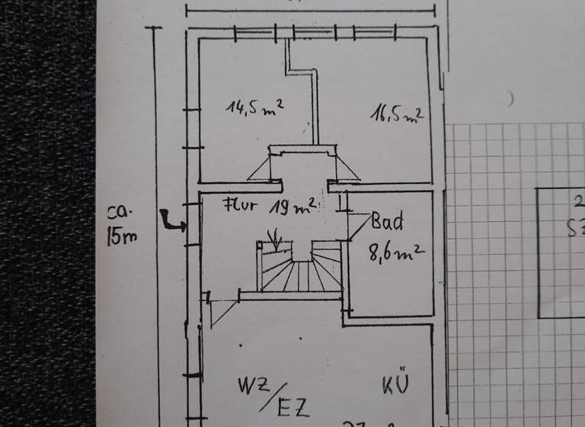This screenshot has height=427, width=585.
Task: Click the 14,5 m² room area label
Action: tap(254, 106)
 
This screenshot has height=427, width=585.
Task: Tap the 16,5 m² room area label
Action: tap(397, 114)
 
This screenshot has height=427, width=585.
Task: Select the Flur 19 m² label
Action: tap(270, 207)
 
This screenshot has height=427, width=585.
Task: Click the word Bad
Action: tap(387, 223)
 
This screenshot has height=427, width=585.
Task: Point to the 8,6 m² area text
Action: tap(396, 252)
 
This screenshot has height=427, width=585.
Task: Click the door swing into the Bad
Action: tap(358, 225)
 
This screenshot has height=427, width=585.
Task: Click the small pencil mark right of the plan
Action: tap(511, 98)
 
